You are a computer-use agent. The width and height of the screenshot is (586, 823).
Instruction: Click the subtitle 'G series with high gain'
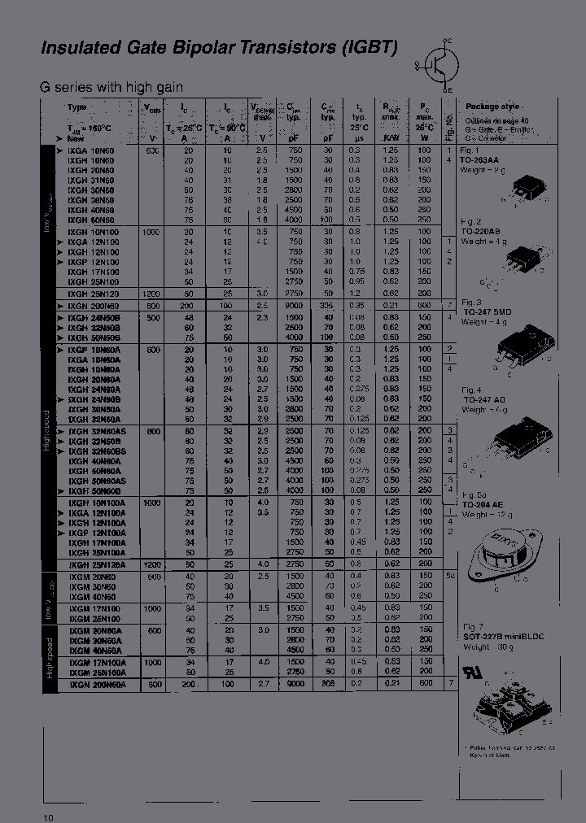(112, 87)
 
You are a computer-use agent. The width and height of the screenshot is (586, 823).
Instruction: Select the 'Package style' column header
(492, 107)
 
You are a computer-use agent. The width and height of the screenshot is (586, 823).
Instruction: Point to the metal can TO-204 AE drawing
(501, 555)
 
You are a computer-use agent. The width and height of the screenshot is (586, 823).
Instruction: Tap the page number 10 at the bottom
(48, 816)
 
